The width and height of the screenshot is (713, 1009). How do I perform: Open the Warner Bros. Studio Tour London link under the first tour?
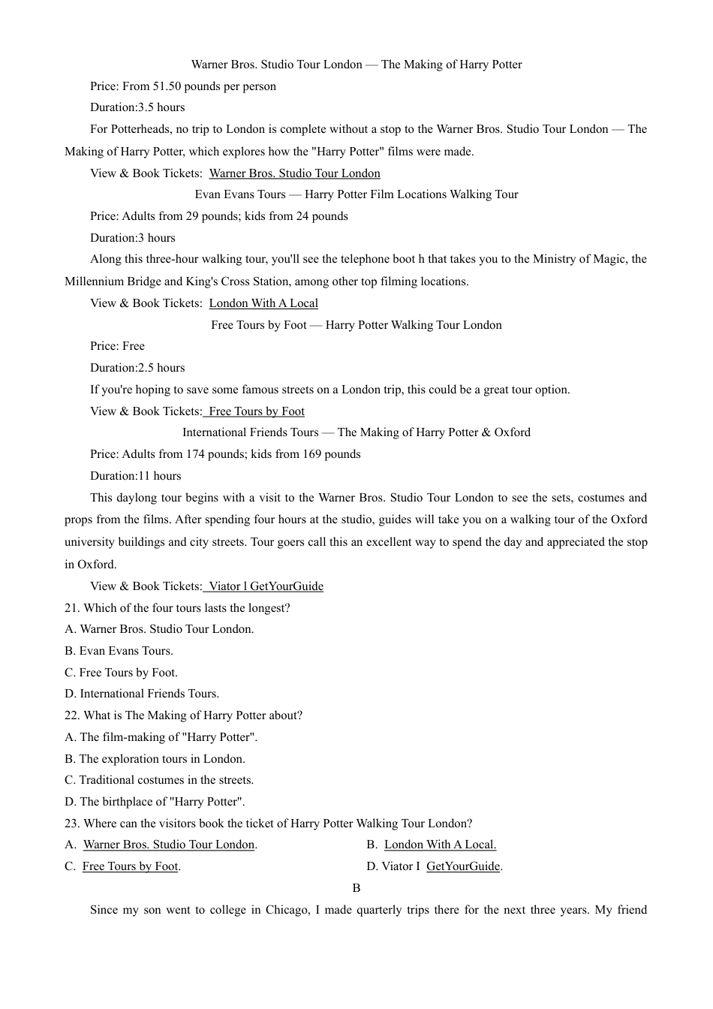coord(294,173)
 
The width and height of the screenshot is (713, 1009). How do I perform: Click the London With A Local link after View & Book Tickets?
coord(263,303)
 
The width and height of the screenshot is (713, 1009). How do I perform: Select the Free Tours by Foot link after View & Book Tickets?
coord(256,411)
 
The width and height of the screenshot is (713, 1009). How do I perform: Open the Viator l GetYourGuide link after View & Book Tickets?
coord(265,586)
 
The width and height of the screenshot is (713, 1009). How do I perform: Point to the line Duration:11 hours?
coord(136,476)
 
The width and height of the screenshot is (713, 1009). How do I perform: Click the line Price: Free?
coord(117,346)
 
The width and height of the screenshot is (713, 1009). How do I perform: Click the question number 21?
coord(72,608)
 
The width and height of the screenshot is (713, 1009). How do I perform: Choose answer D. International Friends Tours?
coord(142,694)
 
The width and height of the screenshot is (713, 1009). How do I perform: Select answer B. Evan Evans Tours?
coord(119,651)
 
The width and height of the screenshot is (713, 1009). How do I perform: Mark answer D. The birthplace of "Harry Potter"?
coord(155,802)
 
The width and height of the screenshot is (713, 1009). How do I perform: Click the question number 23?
coord(72,824)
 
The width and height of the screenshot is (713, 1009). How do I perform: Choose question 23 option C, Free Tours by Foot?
coord(130,866)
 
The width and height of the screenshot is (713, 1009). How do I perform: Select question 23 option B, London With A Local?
coord(440,845)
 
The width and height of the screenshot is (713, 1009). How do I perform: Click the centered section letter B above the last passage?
coord(356,888)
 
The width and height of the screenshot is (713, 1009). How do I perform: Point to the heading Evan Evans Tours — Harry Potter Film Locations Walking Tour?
coord(356,194)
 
